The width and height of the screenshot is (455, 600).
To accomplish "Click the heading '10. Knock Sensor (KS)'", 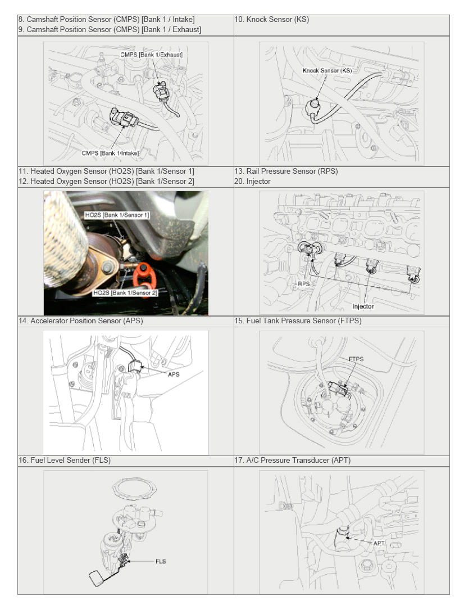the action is pos(271,20).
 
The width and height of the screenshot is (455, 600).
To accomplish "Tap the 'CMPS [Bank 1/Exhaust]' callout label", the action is pos(152,55).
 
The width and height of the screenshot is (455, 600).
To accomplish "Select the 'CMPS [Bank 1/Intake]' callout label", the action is pos(110,153).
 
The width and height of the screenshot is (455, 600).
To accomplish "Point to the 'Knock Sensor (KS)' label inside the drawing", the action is pos(327,70).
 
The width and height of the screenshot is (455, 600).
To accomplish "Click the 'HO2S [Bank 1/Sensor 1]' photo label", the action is pos(117,215).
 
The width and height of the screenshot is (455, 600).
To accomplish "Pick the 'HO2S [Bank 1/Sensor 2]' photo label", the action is pos(125,293).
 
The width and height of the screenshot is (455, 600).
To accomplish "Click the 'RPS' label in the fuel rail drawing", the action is pos(303,284).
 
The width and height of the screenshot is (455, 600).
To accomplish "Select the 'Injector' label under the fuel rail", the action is pos(363,306).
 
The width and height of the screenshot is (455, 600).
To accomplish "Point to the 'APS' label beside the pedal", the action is pos(174,375).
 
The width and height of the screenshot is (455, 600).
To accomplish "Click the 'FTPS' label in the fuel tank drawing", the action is pos(356,359).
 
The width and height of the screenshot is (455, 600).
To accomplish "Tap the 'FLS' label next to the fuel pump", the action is pos(161,561).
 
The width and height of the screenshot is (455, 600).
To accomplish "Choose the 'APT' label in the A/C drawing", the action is pos(379,543).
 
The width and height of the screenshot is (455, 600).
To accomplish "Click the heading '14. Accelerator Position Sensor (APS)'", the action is pos(81,321).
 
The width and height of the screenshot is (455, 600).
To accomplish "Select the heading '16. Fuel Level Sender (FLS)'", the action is pos(65,461).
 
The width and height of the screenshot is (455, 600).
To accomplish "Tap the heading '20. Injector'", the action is pos(252,182).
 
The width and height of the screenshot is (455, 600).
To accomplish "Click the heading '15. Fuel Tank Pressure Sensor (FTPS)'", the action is pos(298,321).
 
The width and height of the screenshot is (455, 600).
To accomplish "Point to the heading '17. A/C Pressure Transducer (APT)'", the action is pos(293,461).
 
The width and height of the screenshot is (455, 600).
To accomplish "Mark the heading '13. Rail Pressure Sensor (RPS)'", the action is pos(286,172).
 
